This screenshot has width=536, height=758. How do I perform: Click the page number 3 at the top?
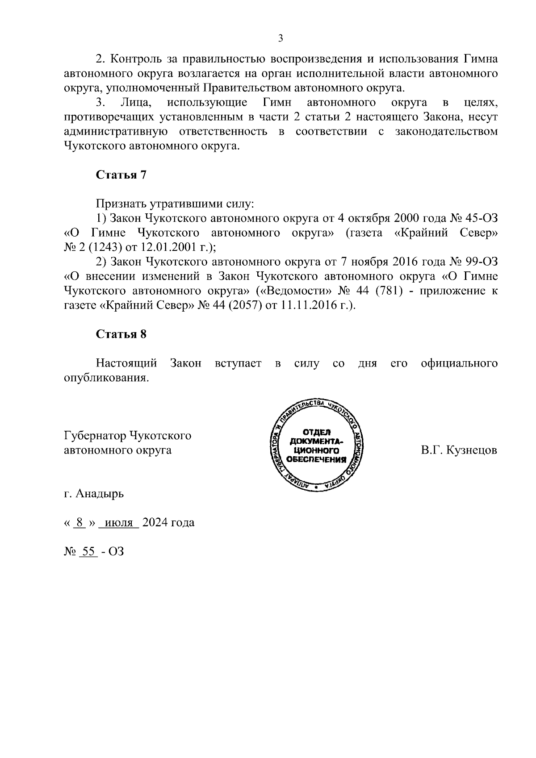click(281, 38)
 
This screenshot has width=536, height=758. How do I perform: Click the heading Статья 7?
click(121, 175)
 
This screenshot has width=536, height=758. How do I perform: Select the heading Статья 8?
click(121, 334)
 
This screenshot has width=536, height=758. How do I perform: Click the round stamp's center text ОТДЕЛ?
click(317, 432)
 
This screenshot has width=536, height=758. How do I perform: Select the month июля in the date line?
click(118, 522)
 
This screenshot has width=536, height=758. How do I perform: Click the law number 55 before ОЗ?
click(88, 551)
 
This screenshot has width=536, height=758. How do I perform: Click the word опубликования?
click(105, 378)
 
